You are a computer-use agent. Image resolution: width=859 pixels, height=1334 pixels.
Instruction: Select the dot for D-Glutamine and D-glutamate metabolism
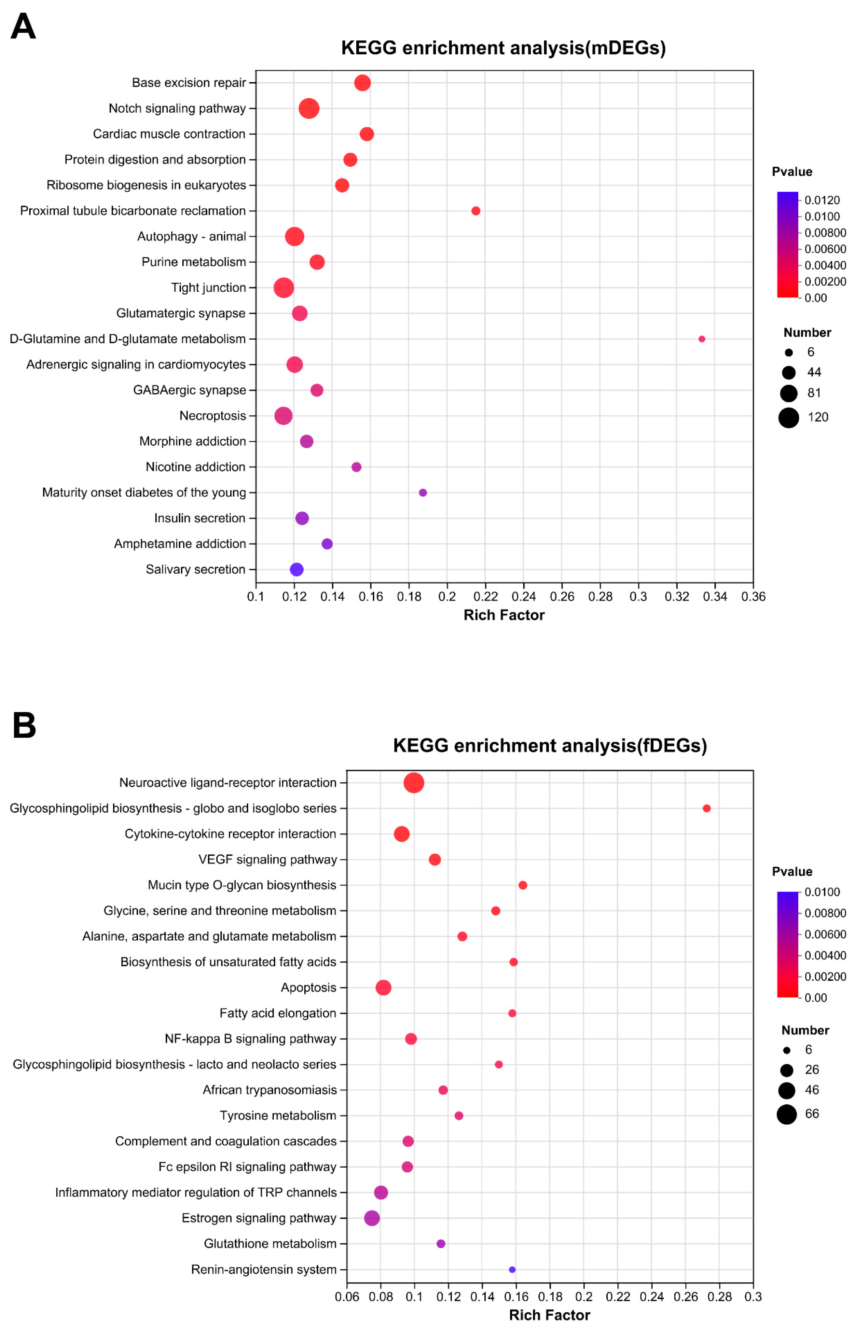click(x=702, y=339)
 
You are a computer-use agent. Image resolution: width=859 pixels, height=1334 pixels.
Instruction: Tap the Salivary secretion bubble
click(x=297, y=569)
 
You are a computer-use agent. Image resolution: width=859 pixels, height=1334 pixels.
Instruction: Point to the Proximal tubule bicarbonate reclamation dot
click(x=476, y=211)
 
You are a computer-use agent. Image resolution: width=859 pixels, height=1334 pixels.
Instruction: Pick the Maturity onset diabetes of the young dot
click(x=423, y=493)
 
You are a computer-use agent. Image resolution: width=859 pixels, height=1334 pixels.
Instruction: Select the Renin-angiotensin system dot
click(x=512, y=1269)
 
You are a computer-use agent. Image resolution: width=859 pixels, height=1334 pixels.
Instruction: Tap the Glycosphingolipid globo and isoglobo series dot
click(x=707, y=809)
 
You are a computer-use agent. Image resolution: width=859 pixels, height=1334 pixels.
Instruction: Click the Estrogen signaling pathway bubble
click(x=372, y=1218)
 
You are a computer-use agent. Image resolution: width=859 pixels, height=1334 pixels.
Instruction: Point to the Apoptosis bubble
click(x=383, y=987)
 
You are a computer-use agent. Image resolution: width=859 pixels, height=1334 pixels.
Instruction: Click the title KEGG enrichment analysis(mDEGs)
click(x=503, y=48)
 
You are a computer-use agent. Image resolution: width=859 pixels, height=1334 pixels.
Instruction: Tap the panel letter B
click(x=24, y=725)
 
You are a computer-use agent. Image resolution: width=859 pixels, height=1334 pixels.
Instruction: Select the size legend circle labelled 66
click(x=787, y=1114)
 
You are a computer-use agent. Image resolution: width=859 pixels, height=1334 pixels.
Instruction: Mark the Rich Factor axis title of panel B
click(x=549, y=1315)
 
